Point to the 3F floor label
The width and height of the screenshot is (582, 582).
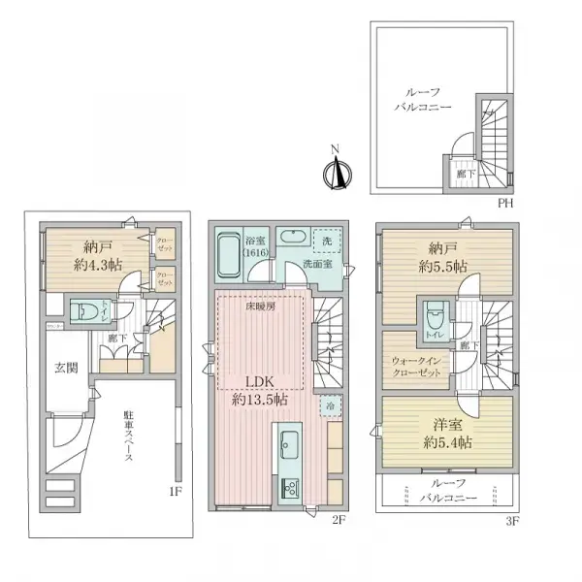click(511, 519)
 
